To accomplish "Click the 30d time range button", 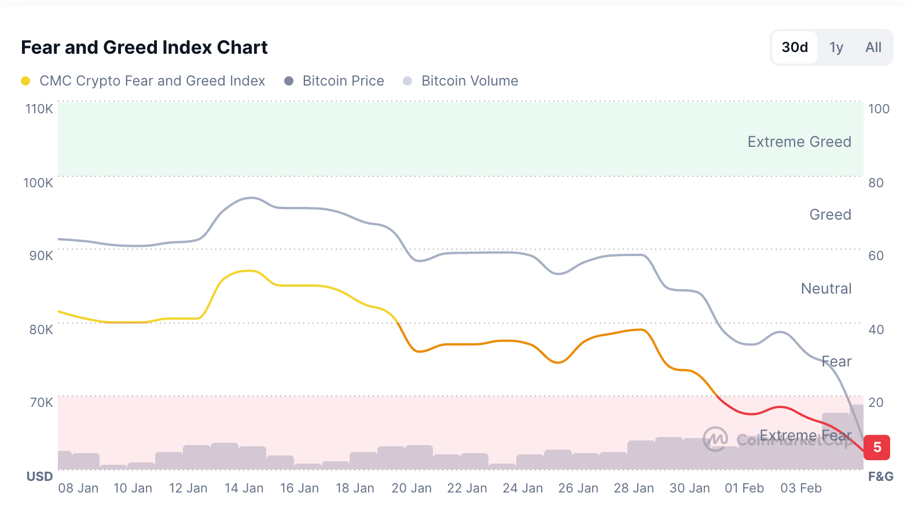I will pyautogui.click(x=795, y=47).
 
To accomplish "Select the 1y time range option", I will pyautogui.click(x=836, y=47).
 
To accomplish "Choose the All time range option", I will pyautogui.click(x=873, y=47).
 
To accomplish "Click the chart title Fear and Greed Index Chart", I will pyautogui.click(x=144, y=47).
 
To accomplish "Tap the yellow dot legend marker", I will pyautogui.click(x=25, y=81).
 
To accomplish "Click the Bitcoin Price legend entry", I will pyautogui.click(x=343, y=81).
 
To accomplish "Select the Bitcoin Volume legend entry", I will pyautogui.click(x=469, y=81).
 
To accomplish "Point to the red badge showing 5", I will pyautogui.click(x=877, y=447).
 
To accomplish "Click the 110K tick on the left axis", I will pyautogui.click(x=39, y=109).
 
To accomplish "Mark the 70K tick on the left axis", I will pyautogui.click(x=41, y=402).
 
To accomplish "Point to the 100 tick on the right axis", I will pyautogui.click(x=879, y=109).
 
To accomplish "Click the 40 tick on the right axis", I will pyautogui.click(x=876, y=329).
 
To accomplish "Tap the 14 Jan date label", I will pyautogui.click(x=244, y=488).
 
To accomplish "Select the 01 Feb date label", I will pyautogui.click(x=744, y=488).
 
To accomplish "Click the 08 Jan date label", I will pyautogui.click(x=78, y=488).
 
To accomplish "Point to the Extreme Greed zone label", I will pyautogui.click(x=799, y=142).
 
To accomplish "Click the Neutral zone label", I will pyautogui.click(x=826, y=288).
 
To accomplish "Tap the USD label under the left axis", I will pyautogui.click(x=39, y=476).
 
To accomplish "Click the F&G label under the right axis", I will pyautogui.click(x=880, y=476).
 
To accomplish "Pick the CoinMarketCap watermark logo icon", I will pyautogui.click(x=715, y=439).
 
